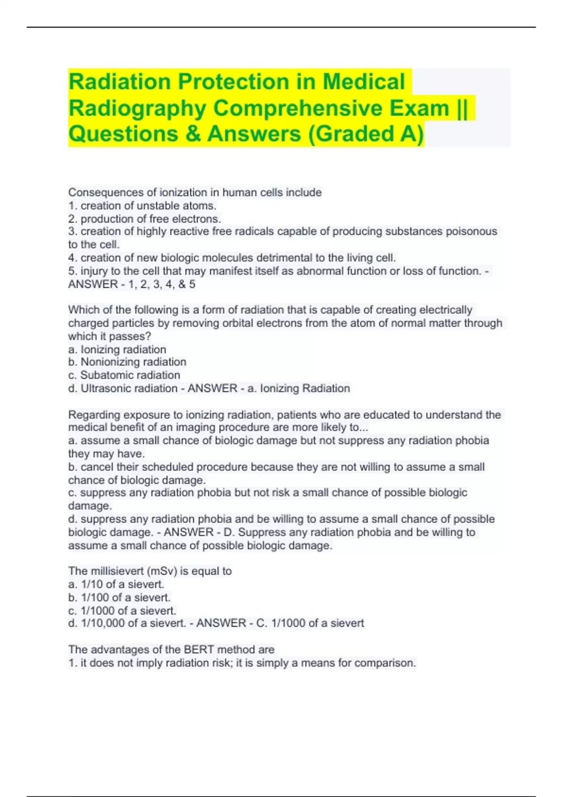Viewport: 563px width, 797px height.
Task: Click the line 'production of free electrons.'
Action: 150,219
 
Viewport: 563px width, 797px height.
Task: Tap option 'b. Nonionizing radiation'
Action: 127,362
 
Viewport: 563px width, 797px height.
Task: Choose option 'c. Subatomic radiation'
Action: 124,375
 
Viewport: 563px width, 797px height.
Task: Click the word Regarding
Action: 91,415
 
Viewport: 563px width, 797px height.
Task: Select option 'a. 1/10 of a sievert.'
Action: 116,585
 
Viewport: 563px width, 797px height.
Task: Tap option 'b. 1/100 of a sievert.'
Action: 119,598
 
